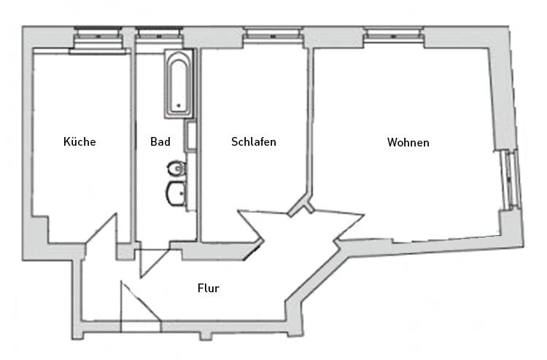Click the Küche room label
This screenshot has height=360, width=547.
click(x=79, y=141)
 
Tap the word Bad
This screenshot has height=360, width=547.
click(x=160, y=141)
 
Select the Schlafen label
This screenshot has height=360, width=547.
click(x=254, y=141)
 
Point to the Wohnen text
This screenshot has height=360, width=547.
click(x=408, y=142)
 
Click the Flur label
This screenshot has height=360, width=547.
click(x=209, y=288)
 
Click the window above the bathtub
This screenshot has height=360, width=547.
click(x=157, y=34)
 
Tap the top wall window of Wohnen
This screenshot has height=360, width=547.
click(x=395, y=34)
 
